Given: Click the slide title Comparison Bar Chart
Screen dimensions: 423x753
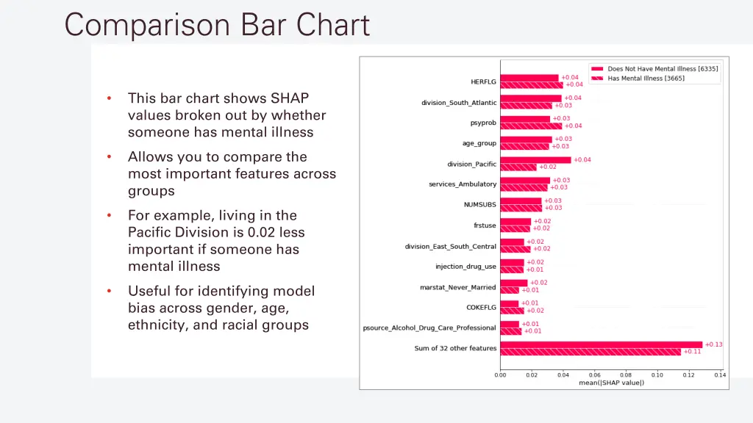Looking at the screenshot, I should pyautogui.click(x=217, y=25).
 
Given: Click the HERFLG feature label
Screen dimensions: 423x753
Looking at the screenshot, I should pyautogui.click(x=483, y=82).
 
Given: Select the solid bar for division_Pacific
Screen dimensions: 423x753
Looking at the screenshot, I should pyautogui.click(x=535, y=160).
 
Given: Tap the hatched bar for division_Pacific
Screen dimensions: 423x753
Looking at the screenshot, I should pyautogui.click(x=518, y=167).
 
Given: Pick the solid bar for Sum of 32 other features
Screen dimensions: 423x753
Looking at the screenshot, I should pyautogui.click(x=601, y=344).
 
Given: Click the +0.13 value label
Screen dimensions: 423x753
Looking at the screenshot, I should pyautogui.click(x=713, y=344).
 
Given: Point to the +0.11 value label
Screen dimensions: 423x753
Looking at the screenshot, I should pyautogui.click(x=692, y=352).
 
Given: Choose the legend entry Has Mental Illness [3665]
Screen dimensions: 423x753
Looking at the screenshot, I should pyautogui.click(x=646, y=79).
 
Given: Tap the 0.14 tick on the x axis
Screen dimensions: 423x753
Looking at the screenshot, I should pyautogui.click(x=719, y=375).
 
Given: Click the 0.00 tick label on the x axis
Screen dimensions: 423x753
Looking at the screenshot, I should pyautogui.click(x=500, y=375).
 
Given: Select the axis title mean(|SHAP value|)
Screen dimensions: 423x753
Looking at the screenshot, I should pyautogui.click(x=611, y=383).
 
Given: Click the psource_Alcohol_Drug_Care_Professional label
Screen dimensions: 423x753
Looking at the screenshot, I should pyautogui.click(x=429, y=328).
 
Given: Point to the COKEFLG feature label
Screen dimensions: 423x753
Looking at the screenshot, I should pyautogui.click(x=481, y=308).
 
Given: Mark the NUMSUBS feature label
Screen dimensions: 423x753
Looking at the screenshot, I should pyautogui.click(x=479, y=205).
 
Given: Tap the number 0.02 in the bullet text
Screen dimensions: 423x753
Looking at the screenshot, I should pyautogui.click(x=263, y=233).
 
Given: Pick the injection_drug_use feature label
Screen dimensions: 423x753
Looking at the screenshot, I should pyautogui.click(x=465, y=267).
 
